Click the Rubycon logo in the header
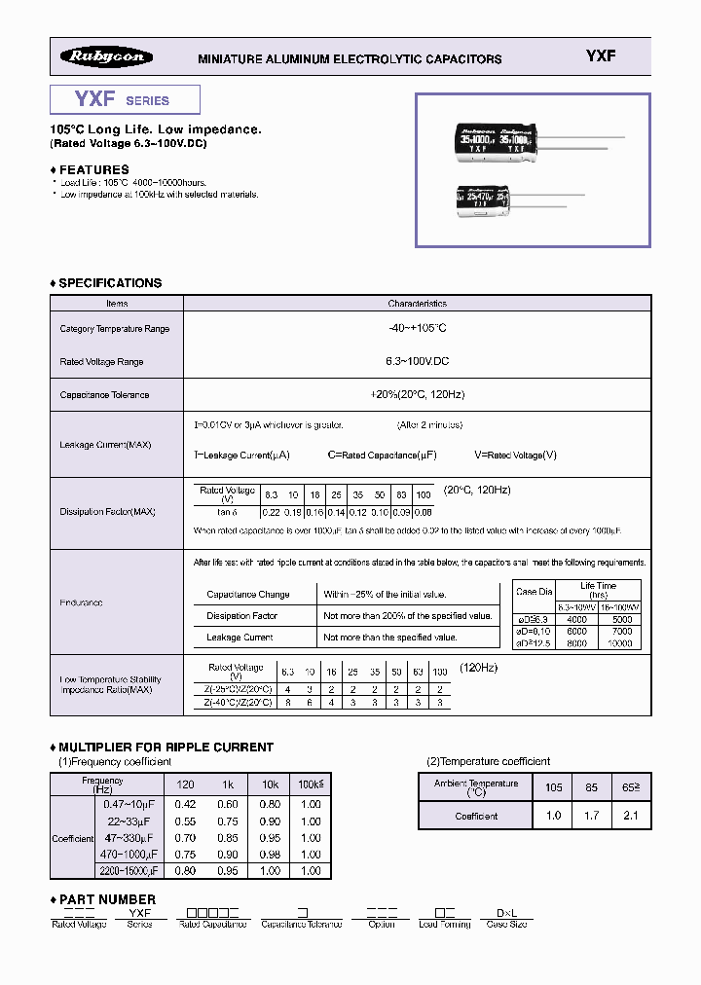coord(107,57)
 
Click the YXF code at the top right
coord(600,56)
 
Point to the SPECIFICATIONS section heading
coord(110,283)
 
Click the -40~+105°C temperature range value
coord(416,329)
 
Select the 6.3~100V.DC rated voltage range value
coord(416,362)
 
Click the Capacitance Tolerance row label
coord(104,395)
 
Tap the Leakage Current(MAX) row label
coord(104,445)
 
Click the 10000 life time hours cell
coord(620,643)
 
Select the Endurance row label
coord(81,603)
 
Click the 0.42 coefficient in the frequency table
coord(185,804)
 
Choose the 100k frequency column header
coord(311,784)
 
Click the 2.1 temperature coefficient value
coord(629,816)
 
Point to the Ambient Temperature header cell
coord(476,787)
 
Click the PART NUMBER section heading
coord(107,899)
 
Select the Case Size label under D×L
coord(506,924)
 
